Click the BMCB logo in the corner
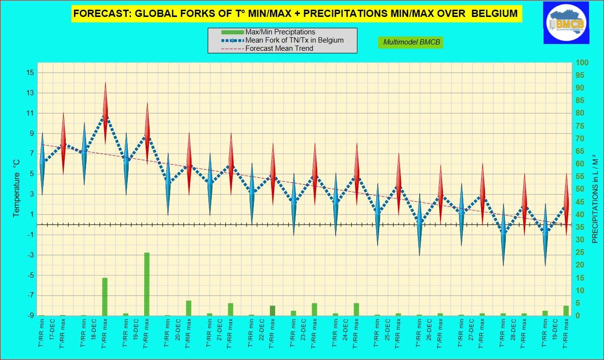click(566, 22)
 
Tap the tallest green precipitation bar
click(147, 284)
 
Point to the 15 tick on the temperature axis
click(30, 73)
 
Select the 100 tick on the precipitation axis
click(582, 63)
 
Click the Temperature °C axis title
click(16, 189)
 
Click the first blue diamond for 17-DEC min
click(42, 165)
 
